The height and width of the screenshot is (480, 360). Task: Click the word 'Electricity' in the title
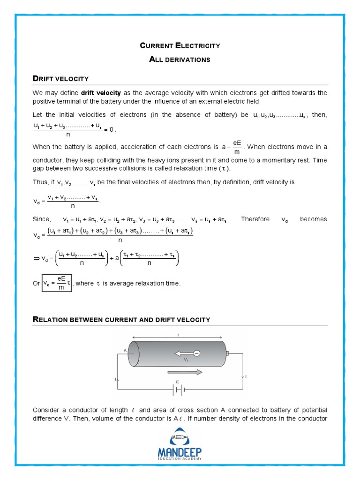tap(197, 45)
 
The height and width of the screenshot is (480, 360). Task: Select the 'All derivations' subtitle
tap(180, 60)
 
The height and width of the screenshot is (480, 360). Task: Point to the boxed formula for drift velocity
tap(57, 283)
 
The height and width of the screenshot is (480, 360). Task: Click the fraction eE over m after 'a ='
tap(237, 147)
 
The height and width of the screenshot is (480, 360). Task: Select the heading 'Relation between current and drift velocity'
tap(121, 320)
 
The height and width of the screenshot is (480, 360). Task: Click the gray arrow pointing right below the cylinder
tap(184, 372)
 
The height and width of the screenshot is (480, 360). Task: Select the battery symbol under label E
tap(177, 390)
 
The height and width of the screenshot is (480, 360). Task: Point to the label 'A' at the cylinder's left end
tap(125, 350)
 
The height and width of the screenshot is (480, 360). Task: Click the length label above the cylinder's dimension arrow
tap(178, 334)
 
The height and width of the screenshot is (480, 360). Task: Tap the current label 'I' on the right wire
tap(246, 377)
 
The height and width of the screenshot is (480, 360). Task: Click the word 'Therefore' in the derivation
tap(255, 219)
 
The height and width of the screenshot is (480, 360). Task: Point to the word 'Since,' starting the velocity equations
tap(41, 219)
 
